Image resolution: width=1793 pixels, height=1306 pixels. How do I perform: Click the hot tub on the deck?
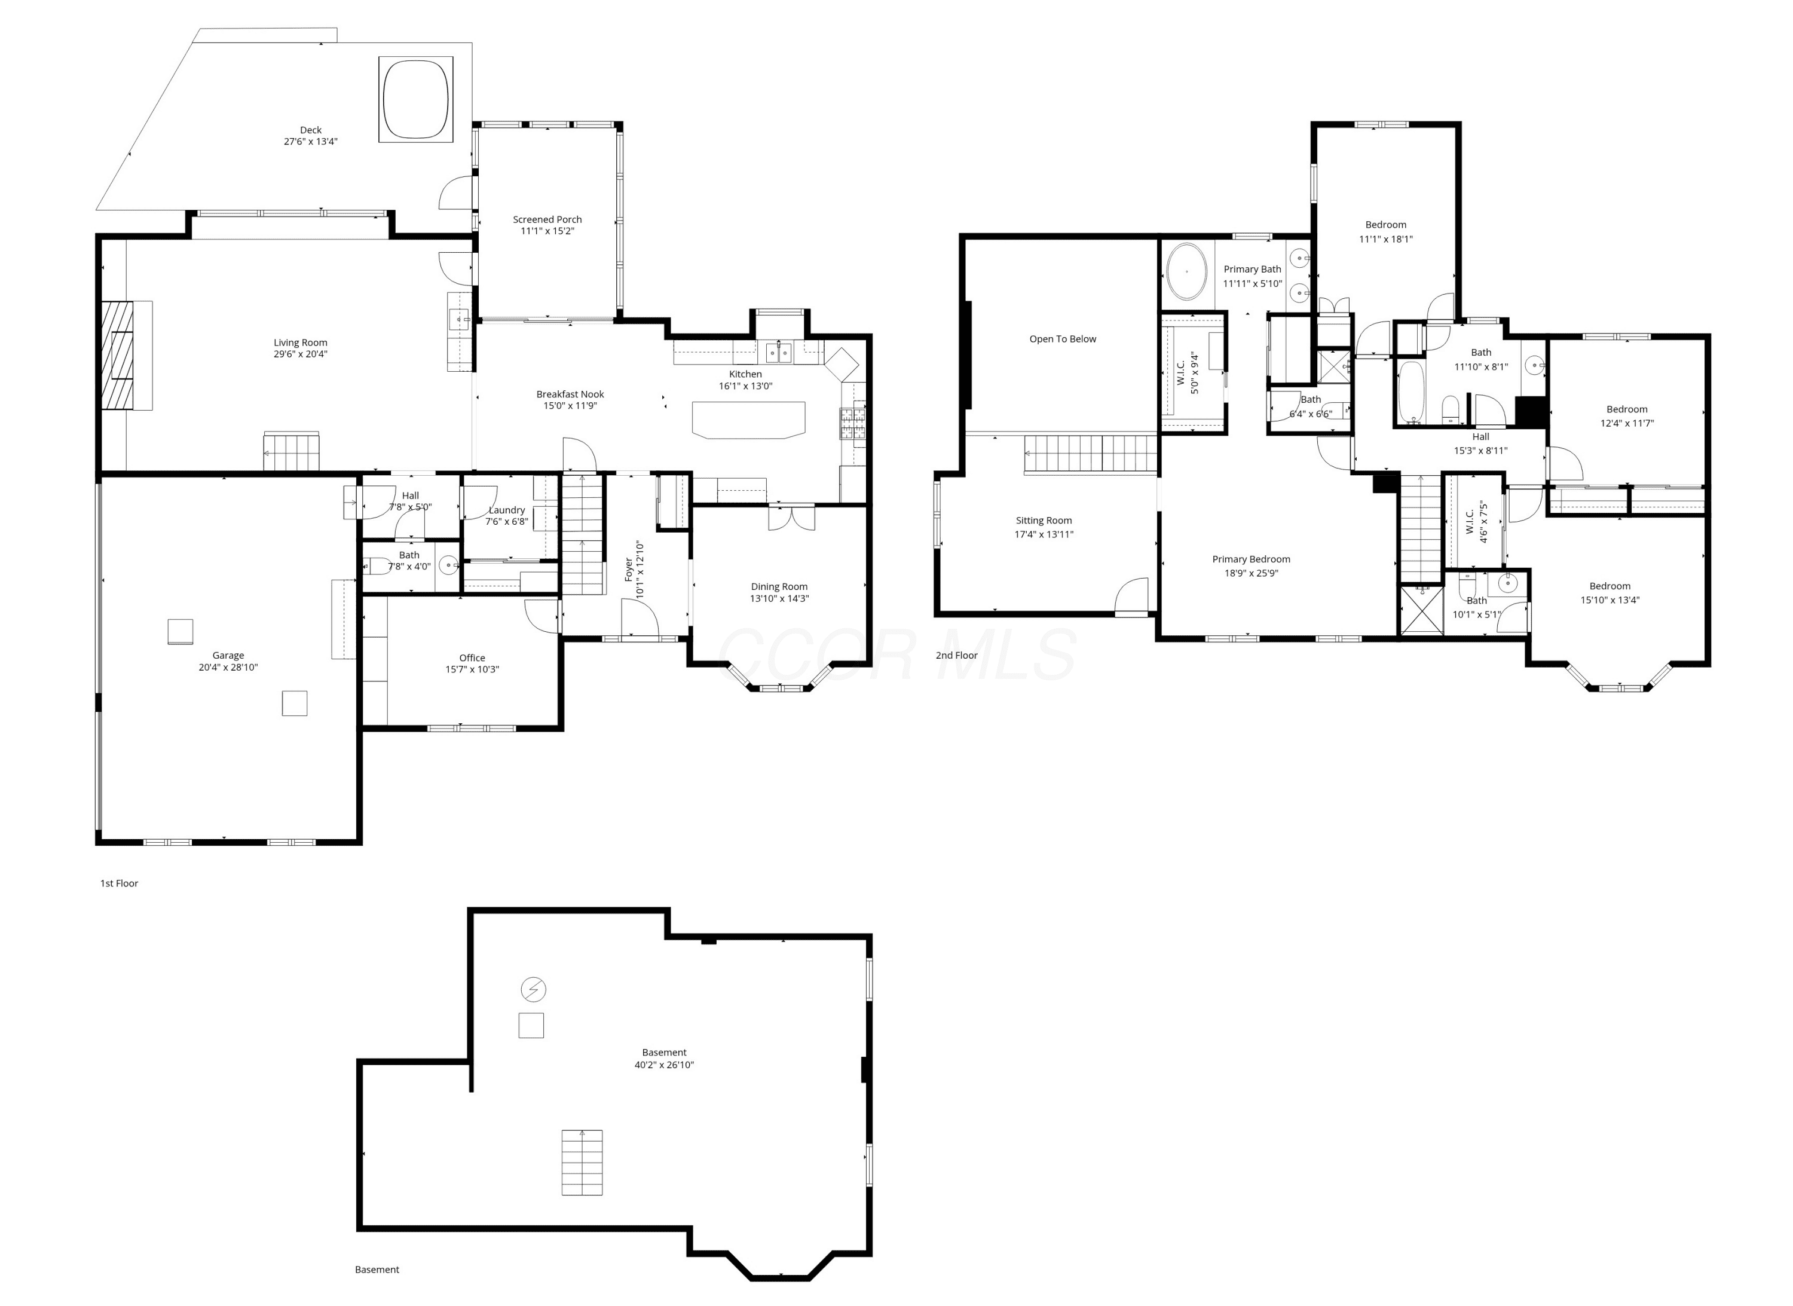click(x=416, y=100)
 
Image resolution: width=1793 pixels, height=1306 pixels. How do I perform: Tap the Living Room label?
click(x=301, y=342)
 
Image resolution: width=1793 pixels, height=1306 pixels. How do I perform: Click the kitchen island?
click(x=748, y=419)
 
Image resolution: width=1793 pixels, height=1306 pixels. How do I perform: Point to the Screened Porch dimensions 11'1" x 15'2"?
click(x=547, y=231)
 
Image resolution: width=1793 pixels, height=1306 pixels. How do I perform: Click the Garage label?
click(x=228, y=654)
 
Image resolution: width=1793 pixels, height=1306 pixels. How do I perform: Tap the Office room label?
click(x=472, y=657)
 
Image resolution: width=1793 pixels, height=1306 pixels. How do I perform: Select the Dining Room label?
click(x=779, y=586)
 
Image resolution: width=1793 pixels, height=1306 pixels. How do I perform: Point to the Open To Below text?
click(x=1063, y=339)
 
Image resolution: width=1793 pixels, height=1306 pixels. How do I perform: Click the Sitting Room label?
click(x=1044, y=520)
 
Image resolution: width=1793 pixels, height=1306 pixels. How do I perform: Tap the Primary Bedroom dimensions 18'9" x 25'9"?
click(x=1252, y=573)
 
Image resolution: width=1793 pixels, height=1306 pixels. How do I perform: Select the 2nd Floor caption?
click(x=957, y=655)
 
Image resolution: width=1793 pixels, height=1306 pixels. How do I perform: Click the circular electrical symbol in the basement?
click(x=534, y=989)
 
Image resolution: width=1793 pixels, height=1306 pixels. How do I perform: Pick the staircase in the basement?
click(x=582, y=1162)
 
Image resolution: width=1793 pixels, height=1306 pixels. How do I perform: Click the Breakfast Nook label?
click(x=570, y=394)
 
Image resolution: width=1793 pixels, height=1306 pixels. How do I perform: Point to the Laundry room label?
click(x=507, y=510)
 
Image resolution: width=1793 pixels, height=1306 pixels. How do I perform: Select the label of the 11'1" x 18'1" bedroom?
click(x=1386, y=225)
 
